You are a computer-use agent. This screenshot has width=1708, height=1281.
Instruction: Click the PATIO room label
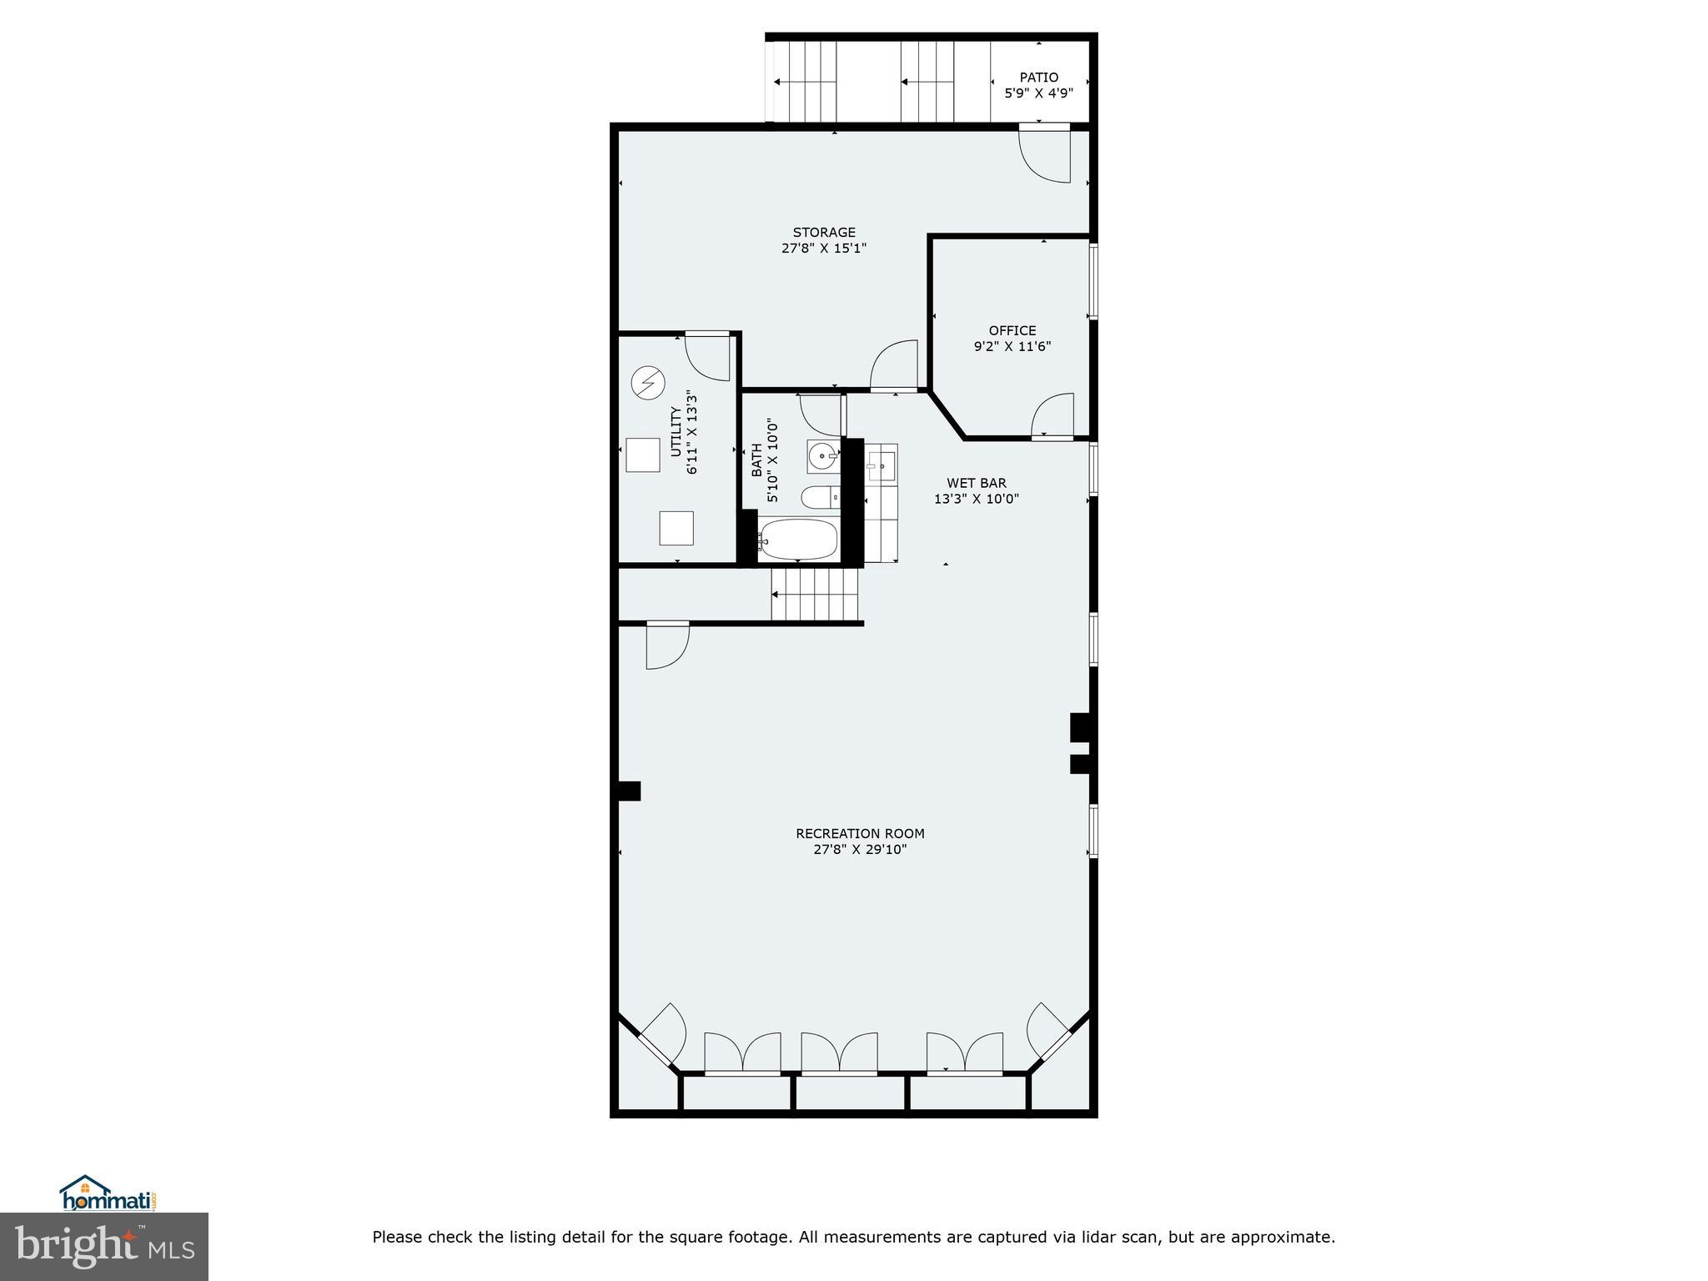[1038, 78]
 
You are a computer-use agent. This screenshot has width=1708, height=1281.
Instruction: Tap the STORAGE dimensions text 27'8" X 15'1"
[824, 248]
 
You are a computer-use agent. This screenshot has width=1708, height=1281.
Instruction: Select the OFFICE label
[1012, 330]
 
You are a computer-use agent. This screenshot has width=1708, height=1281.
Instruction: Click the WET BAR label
[976, 483]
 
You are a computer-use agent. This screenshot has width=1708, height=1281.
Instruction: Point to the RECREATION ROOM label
[860, 833]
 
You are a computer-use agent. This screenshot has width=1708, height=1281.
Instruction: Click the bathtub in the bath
[798, 540]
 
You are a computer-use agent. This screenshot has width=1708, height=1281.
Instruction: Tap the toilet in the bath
[820, 498]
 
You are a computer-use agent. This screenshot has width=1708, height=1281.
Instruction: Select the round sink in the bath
[823, 456]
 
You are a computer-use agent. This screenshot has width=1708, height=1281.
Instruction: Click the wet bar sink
[881, 465]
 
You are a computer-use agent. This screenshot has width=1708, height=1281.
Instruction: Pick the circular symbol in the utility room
[647, 383]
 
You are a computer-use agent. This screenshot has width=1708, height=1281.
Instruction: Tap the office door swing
[1053, 414]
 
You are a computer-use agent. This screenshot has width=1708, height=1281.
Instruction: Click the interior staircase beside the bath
[815, 594]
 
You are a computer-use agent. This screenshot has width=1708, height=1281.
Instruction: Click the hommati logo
[108, 1194]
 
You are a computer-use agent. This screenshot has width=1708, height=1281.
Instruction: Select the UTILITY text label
[676, 431]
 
